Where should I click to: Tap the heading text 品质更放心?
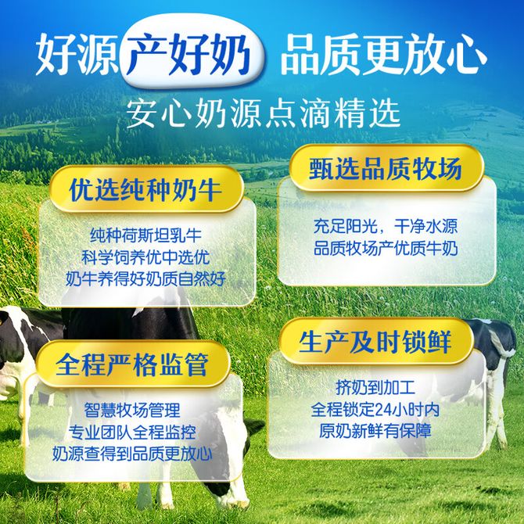(x=384, y=55)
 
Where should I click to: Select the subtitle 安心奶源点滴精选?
(x=264, y=113)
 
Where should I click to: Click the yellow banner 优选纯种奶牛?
(x=146, y=189)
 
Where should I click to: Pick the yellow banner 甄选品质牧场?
(x=386, y=168)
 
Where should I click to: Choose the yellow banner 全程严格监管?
(x=133, y=364)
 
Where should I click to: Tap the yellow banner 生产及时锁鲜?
(x=376, y=341)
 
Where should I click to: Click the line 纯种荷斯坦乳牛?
(x=146, y=235)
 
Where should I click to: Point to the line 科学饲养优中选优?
(x=146, y=257)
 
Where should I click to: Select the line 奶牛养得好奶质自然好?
(x=146, y=279)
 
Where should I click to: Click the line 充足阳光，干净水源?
(x=386, y=227)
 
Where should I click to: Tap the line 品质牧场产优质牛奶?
(x=386, y=249)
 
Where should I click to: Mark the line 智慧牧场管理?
(x=132, y=410)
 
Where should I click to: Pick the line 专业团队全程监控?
(x=132, y=432)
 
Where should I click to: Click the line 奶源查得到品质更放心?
(x=132, y=454)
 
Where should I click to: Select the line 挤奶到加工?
(x=375, y=388)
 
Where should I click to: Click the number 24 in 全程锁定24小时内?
(x=384, y=410)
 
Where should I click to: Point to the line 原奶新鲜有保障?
(x=375, y=431)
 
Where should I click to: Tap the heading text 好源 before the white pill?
(x=77, y=54)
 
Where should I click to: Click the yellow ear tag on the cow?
(x=2, y=322)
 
